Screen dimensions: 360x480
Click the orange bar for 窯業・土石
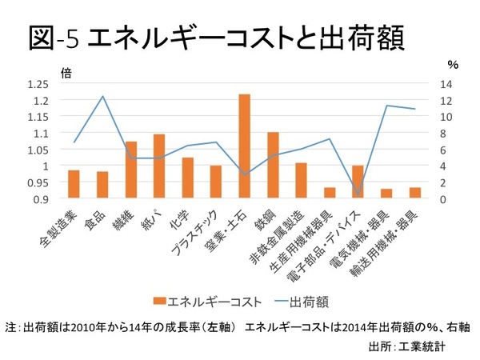pos(245,146)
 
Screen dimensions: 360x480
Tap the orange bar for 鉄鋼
pos(273,165)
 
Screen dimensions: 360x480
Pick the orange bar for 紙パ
pos(159,166)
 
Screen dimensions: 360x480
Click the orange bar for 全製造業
pos(74,184)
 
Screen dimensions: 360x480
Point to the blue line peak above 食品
pos(102,96)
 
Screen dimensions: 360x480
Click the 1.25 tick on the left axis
pos(38,84)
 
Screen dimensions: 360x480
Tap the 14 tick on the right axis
pos(446,84)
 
